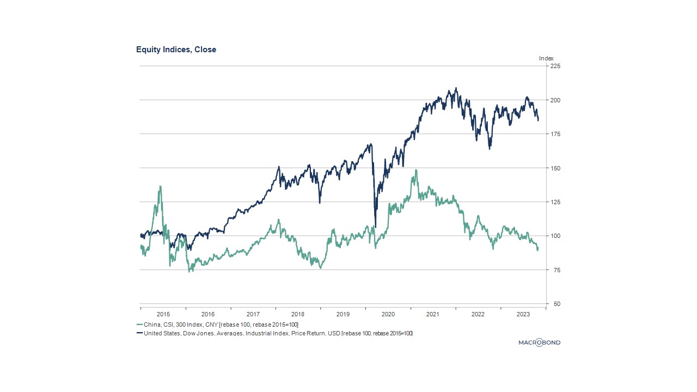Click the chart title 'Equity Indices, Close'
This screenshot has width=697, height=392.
pos(176,50)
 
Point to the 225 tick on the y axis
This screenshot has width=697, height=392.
pos(555,66)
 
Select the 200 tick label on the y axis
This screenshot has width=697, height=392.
pos(555,100)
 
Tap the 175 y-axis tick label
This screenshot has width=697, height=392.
pos(555,134)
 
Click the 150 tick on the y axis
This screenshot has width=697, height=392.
pos(555,168)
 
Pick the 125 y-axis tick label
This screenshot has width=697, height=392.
pos(555,202)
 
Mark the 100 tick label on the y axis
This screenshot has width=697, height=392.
pos(555,236)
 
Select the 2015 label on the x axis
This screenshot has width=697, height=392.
pos(163,314)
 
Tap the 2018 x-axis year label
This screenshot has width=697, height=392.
pos(298,314)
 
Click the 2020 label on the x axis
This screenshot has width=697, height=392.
pos(388,314)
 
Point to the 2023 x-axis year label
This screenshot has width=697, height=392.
pos(523,314)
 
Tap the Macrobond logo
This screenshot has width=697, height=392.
pos(539,342)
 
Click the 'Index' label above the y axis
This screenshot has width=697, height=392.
pos(546,58)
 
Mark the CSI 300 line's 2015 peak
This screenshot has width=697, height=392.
pos(160,186)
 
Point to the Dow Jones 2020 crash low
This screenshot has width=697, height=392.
pos(375,227)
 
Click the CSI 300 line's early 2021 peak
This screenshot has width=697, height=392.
pos(417,170)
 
